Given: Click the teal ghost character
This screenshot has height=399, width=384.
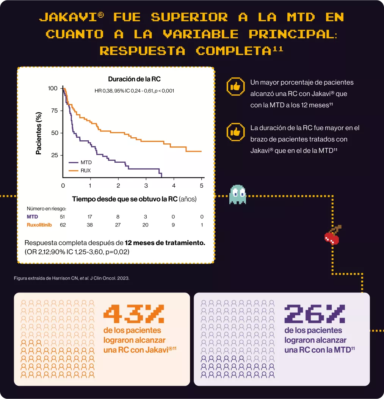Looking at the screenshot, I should (x=238, y=194).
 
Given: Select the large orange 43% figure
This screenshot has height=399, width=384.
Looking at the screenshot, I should (x=134, y=314).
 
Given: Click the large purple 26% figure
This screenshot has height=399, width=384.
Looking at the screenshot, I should (x=315, y=314).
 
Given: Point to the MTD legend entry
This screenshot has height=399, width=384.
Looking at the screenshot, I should (x=86, y=162).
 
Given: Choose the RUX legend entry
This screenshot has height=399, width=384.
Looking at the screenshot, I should (x=86, y=171).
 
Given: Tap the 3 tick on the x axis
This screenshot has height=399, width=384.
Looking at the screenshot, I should (x=146, y=185).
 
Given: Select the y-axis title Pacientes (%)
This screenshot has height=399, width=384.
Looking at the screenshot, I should (x=39, y=133).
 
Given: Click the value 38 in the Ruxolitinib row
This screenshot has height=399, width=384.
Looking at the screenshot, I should (x=90, y=225).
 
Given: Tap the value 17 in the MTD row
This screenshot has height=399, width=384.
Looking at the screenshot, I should (x=90, y=217).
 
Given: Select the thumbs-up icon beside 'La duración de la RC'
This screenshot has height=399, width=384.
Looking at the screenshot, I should (x=236, y=132).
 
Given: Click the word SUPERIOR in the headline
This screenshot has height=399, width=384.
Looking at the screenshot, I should (x=189, y=17).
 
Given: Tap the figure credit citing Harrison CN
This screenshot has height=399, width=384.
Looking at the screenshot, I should (x=71, y=278).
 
